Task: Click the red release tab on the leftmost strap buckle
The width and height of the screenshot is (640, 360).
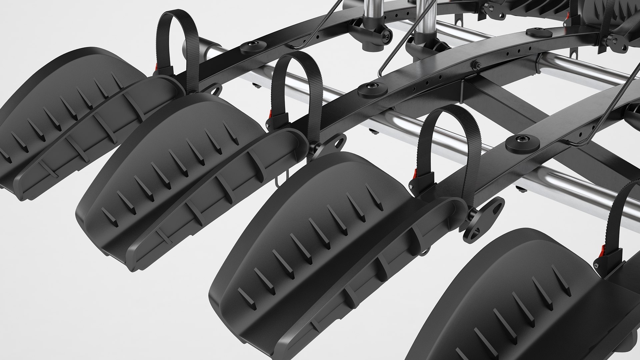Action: pos(156,67)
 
